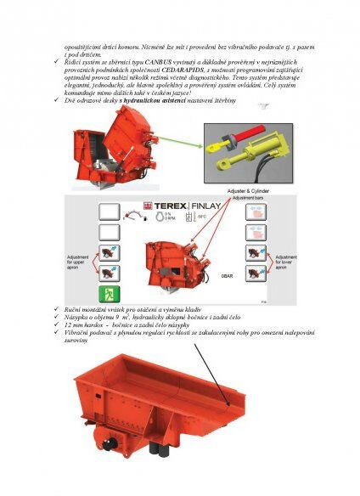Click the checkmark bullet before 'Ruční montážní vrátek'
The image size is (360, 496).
(55, 310)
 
